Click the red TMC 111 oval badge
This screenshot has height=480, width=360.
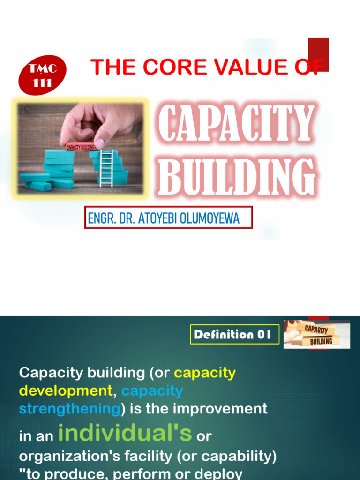pos(43,75)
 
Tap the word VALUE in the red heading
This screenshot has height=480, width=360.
pos(242,67)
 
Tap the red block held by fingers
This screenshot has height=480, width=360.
pos(80,146)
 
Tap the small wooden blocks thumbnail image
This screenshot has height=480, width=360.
pos(317,334)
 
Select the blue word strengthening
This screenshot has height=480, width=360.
pos(70,409)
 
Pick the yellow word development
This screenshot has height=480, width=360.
pos(66,390)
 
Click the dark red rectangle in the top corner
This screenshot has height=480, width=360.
pos(318,54)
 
